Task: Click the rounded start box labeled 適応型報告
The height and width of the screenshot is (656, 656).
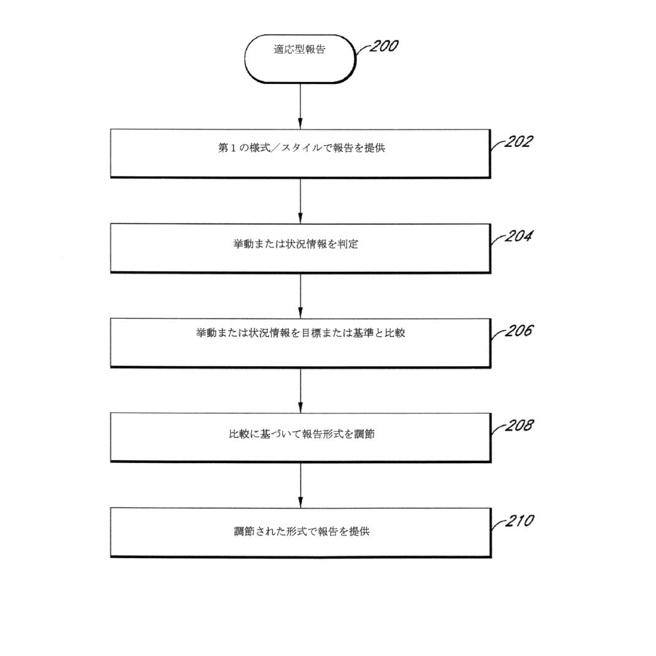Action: coord(300,58)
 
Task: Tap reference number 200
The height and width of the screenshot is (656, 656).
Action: coord(383,47)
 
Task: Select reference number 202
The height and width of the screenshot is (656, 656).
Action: coord(518,142)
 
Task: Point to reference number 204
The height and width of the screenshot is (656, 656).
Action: coord(518,236)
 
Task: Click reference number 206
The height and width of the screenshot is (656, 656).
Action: coord(518,331)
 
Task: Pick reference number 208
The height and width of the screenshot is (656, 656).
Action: coord(518,426)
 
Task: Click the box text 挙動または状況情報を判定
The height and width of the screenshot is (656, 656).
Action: coord(296,244)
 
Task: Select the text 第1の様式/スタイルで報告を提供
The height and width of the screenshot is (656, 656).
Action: coord(301,148)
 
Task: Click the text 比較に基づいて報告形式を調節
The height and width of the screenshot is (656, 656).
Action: coord(301,434)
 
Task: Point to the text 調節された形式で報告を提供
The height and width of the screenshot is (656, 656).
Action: coord(301,532)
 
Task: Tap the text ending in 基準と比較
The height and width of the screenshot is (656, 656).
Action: coord(300,334)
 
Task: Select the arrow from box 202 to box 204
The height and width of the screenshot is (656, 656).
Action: coord(300,200)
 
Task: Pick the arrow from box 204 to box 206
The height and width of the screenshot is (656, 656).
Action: coord(300,295)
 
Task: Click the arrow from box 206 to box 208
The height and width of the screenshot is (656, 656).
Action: coord(300,390)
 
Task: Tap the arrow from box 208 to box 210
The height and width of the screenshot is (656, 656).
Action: coord(300,484)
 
